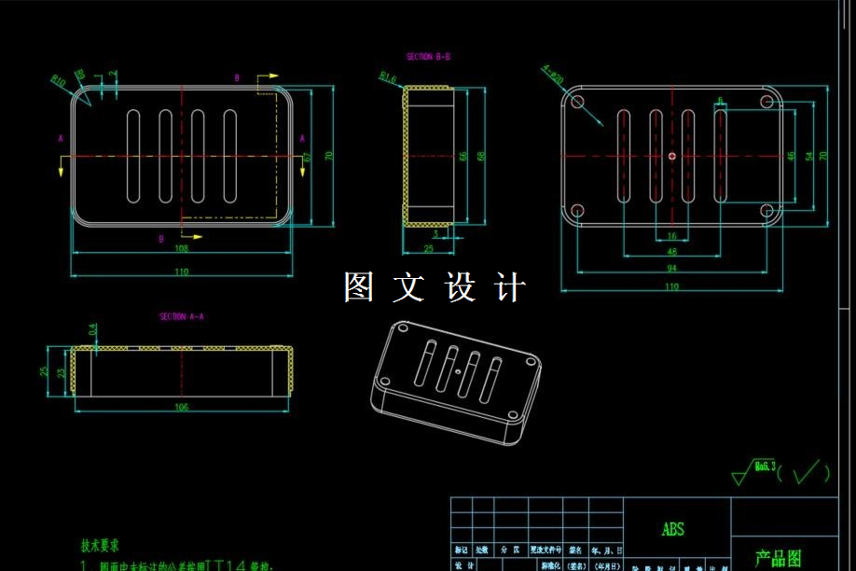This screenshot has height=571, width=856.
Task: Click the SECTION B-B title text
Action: [428, 57]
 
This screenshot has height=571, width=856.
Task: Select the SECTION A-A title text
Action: [181, 316]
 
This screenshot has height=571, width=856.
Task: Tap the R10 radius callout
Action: [58, 80]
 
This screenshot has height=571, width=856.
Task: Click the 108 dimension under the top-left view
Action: [182, 249]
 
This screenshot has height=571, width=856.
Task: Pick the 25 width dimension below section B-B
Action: [428, 249]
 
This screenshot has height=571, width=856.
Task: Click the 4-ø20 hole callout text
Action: [552, 74]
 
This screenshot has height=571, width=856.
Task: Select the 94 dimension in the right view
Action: [671, 269]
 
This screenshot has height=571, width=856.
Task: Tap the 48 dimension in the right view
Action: [671, 252]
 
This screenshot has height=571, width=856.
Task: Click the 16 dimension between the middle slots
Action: [671, 236]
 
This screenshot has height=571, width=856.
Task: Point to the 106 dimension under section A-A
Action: [181, 407]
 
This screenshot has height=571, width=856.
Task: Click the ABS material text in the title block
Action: [672, 529]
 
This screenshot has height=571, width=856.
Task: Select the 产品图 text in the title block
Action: [777, 559]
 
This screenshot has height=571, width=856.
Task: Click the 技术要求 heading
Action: [100, 546]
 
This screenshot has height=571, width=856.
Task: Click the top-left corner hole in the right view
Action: [577, 101]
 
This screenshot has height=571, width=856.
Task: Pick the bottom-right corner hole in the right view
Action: [766, 210]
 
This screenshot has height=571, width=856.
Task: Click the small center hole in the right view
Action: [671, 156]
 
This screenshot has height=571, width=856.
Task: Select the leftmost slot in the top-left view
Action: [132, 156]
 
